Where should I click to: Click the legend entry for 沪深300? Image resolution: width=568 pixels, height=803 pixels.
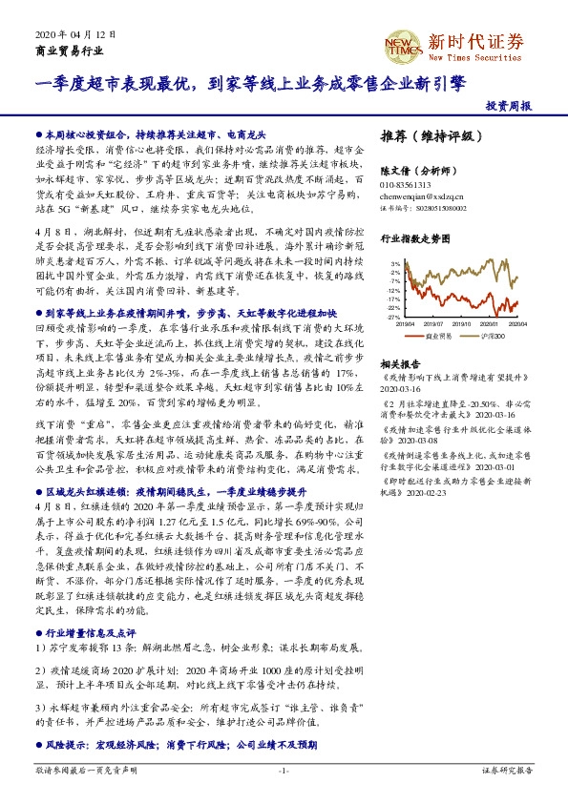point(494,337)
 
